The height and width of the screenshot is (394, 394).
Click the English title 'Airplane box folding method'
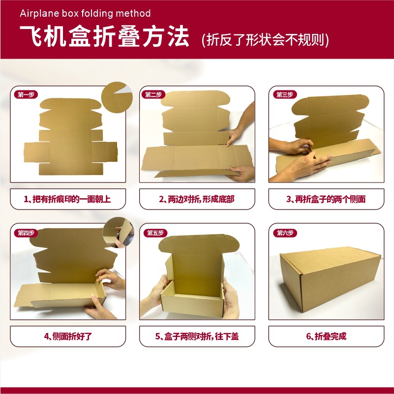(x=85, y=13)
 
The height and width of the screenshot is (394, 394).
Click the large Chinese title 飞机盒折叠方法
(x=104, y=36)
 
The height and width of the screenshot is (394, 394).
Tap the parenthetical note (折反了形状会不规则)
(x=265, y=39)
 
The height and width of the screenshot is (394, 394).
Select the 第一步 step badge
(x=26, y=94)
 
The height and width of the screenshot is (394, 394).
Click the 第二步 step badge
(x=153, y=94)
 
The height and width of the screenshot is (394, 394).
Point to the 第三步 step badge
(x=285, y=94)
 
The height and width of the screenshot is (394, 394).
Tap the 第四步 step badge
(x=26, y=233)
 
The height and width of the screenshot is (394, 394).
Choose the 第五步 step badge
(x=155, y=233)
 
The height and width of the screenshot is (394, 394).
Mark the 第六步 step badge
(x=285, y=233)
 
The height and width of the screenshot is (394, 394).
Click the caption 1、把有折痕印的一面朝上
(x=67, y=199)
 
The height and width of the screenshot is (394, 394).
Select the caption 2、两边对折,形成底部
(x=197, y=199)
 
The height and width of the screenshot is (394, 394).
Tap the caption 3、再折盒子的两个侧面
(x=326, y=199)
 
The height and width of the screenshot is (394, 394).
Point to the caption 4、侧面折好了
(x=68, y=336)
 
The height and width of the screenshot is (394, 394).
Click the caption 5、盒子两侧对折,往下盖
(x=197, y=336)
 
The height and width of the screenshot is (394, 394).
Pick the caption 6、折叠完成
(x=326, y=336)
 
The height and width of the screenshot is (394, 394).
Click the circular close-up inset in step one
(x=117, y=97)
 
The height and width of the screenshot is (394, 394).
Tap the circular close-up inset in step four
(x=118, y=233)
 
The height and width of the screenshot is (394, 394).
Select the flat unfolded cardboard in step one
(x=71, y=136)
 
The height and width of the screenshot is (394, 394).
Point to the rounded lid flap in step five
(x=199, y=244)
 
